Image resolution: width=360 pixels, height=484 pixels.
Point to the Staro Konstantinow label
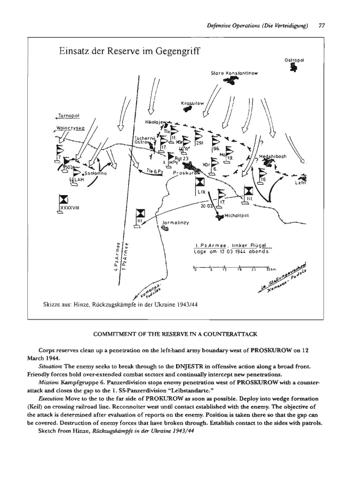coord(234,72)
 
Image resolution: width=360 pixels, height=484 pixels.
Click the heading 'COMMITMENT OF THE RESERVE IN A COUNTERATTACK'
coord(179,333)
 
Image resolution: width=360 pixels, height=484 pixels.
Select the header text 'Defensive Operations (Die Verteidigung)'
coord(258,25)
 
